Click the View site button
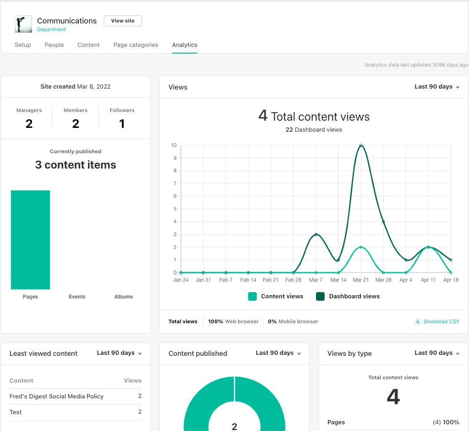click(x=123, y=21)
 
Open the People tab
click(x=54, y=45)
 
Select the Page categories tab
click(x=136, y=45)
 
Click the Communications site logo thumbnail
click(x=23, y=24)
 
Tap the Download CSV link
click(x=437, y=321)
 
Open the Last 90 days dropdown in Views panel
click(x=437, y=87)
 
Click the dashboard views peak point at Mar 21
click(x=361, y=145)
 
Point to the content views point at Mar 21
click(x=361, y=247)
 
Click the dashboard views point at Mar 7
click(x=316, y=234)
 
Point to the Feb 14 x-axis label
click(x=248, y=280)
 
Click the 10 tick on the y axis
click(x=174, y=145)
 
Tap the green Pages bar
click(x=30, y=239)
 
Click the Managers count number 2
click(x=29, y=124)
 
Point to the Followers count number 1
click(x=122, y=124)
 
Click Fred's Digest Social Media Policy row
click(x=56, y=397)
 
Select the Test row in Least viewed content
click(x=16, y=412)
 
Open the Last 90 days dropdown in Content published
click(x=278, y=353)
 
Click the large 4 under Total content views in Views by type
click(x=393, y=397)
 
